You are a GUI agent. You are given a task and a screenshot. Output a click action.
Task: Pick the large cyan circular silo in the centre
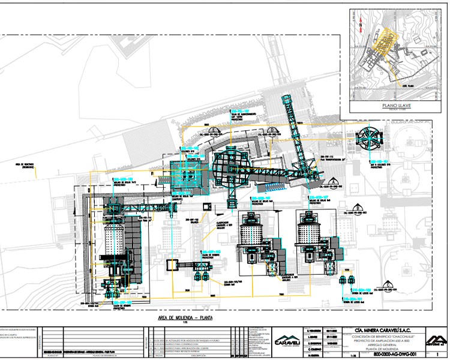[x=232, y=163]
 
